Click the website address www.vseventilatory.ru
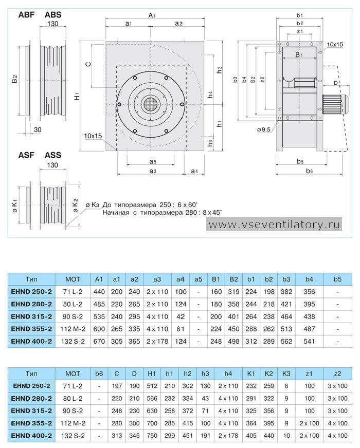click(274, 225)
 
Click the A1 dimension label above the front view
click(152, 15)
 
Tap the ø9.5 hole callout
click(264, 129)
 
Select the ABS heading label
click(53, 14)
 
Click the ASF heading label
click(26, 155)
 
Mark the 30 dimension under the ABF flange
click(38, 129)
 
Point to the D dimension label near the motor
click(336, 83)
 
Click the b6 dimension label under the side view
click(310, 171)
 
